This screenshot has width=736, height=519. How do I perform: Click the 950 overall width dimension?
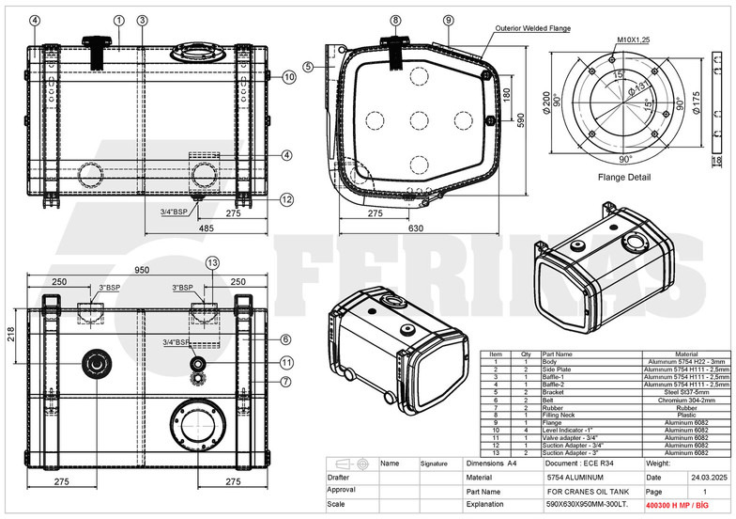[142, 270]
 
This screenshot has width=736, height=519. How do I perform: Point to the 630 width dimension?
[416, 228]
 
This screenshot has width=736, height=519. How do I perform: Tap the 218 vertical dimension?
[11, 334]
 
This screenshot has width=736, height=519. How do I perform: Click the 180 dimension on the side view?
[506, 95]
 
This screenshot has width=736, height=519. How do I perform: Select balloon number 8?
[396, 20]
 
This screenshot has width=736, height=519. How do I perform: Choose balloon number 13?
[212, 262]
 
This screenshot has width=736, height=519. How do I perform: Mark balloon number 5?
[308, 66]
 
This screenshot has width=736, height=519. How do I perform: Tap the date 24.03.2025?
[685, 478]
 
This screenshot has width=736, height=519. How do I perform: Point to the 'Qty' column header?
[526, 354]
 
